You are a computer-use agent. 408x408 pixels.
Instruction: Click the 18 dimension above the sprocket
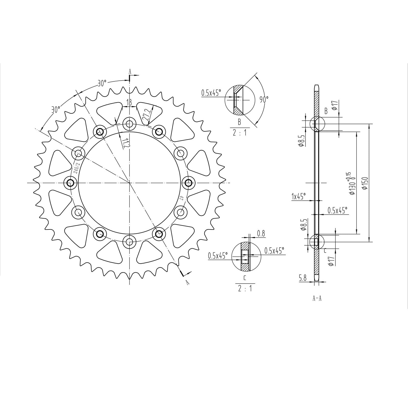(129, 103)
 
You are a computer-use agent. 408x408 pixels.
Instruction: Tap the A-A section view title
(317, 298)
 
